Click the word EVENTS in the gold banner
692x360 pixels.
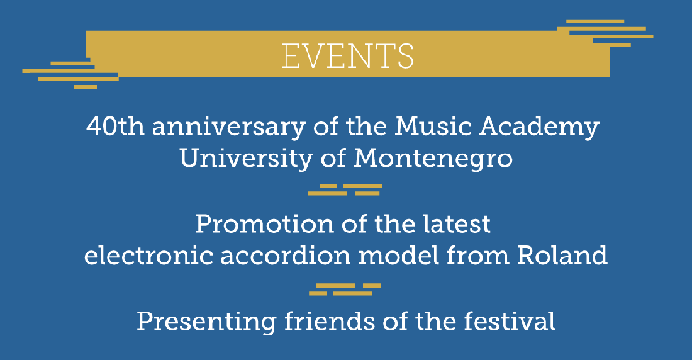coord(348,56)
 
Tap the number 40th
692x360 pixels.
coord(115,127)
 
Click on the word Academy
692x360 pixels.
coord(539,128)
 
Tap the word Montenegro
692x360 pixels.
coord(433,159)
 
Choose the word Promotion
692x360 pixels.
coord(264,224)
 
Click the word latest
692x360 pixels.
coord(456,224)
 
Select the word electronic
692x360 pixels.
coord(149,256)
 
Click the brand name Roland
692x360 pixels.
coord(562,256)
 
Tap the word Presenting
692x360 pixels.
coord(206,321)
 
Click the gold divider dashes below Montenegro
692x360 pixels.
coord(345,189)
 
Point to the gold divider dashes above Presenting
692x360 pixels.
coord(345,290)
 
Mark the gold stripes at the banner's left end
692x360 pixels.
coord(70,74)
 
